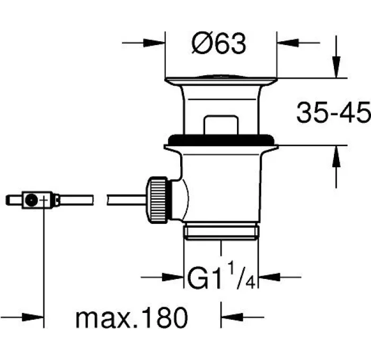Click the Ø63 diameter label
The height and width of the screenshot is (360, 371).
(x=218, y=43)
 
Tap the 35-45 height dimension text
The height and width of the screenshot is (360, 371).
(x=333, y=112)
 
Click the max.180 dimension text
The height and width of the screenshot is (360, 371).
(x=132, y=317)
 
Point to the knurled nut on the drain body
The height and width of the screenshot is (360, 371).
(x=157, y=200)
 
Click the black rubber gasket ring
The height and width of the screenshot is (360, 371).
(x=221, y=140)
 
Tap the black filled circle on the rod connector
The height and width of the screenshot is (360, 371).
(x=31, y=200)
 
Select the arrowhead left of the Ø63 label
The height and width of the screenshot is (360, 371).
(x=154, y=43)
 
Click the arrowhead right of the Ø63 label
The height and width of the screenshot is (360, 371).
(x=288, y=43)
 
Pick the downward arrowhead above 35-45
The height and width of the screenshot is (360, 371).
(x=336, y=67)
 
